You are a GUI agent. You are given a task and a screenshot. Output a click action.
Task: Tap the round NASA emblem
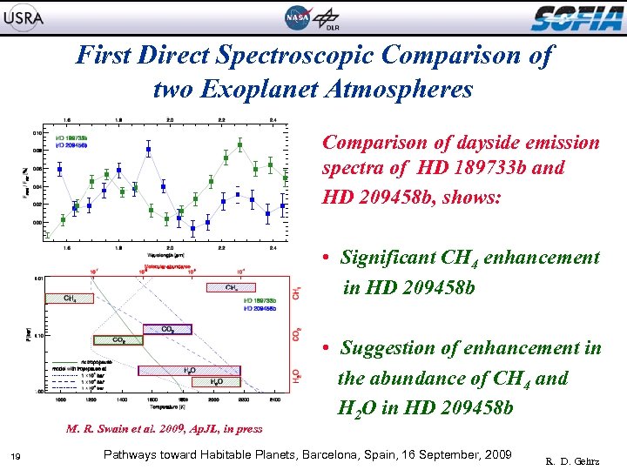tap(297, 17)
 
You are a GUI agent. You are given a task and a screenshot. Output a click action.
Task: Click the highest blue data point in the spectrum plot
tap(149, 150)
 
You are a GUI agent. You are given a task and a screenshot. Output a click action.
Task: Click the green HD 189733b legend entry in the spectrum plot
tap(71, 138)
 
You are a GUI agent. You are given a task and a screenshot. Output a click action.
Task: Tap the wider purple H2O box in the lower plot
tap(189, 370)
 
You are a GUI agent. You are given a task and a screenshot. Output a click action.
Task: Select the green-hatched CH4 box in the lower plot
tap(70, 298)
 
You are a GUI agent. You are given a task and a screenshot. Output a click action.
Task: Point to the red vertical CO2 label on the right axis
tap(298, 333)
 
